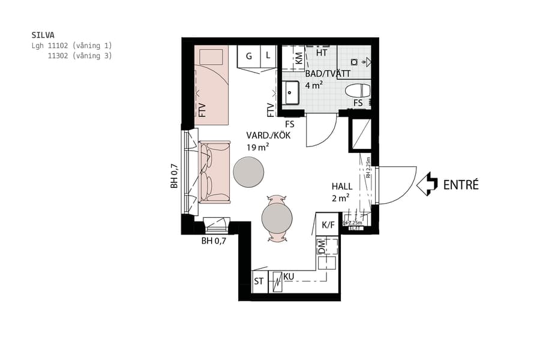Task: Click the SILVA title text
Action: [43, 35]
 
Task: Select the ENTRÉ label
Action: [461, 185]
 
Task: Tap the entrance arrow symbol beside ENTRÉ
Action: [427, 184]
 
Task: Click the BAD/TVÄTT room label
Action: [327, 73]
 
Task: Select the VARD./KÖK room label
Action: [268, 136]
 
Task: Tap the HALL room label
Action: [342, 186]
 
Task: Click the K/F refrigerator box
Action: [328, 225]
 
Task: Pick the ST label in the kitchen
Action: [259, 281]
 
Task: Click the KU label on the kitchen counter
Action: [289, 276]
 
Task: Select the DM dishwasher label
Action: [321, 245]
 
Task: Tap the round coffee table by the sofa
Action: [248, 172]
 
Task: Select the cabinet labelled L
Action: [268, 56]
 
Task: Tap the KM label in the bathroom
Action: [298, 59]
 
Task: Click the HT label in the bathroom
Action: [321, 53]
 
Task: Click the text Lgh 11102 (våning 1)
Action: [71, 46]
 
